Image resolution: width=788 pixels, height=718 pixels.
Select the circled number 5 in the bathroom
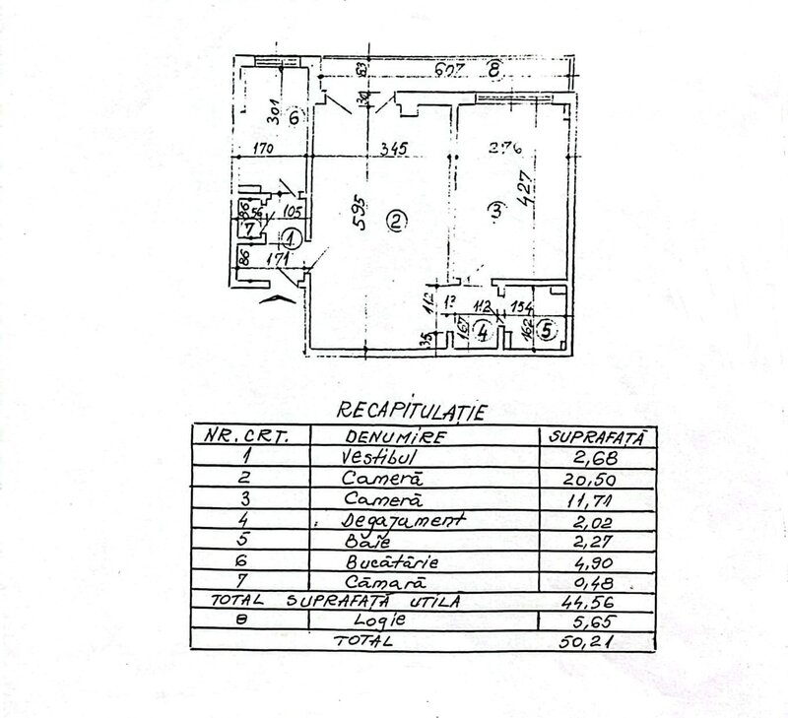click(548, 330)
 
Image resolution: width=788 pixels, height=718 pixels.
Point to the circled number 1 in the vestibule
click(291, 236)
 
